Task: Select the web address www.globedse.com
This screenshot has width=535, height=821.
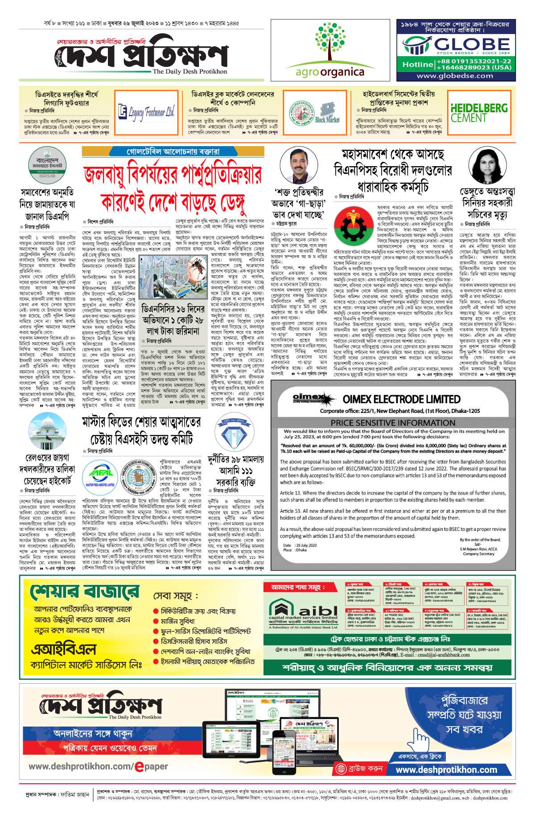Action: (x=455, y=76)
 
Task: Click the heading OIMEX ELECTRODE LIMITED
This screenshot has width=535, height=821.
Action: (x=401, y=399)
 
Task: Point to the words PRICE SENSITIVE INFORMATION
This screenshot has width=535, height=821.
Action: (x=393, y=423)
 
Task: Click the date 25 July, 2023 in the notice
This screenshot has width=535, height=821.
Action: (x=306, y=545)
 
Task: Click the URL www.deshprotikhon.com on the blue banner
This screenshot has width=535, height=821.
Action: (x=446, y=770)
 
